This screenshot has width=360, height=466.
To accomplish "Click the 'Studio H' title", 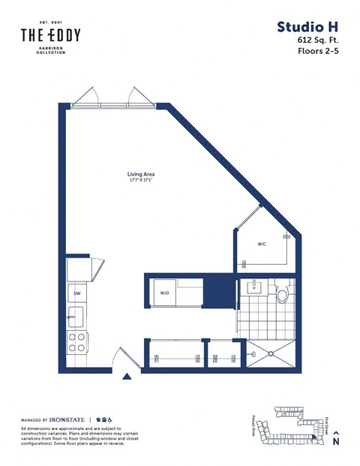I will pyautogui.click(x=307, y=28).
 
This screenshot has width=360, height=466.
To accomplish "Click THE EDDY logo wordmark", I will pyautogui.click(x=49, y=35).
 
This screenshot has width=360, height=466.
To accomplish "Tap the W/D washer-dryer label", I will pyautogui.click(x=164, y=292).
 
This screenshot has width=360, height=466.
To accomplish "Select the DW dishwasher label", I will pyautogui.click(x=76, y=293).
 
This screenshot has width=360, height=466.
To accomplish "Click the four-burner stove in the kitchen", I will pyautogui.click(x=77, y=342).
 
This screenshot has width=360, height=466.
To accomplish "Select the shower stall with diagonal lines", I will pyautogui.click(x=268, y=352).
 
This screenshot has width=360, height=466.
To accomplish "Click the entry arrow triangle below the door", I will pyautogui.click(x=127, y=375).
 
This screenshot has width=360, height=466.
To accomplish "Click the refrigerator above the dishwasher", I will pyautogui.click(x=77, y=269).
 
